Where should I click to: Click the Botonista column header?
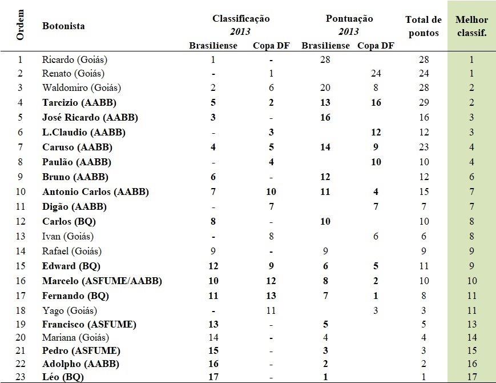coord(63,26)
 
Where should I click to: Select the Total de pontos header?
coord(423,26)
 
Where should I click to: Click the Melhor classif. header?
coord(471,26)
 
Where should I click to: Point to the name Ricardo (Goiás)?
coord(75,59)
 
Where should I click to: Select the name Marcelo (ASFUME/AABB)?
coord(102,281)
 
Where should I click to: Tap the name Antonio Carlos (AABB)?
coord(95,191)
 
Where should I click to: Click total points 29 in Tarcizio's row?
coord(423,103)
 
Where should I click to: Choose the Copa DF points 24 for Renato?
coord(376,73)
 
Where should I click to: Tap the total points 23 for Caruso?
coord(423,147)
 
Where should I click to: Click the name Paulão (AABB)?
coord(76,162)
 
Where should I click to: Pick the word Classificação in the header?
coord(241,19)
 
